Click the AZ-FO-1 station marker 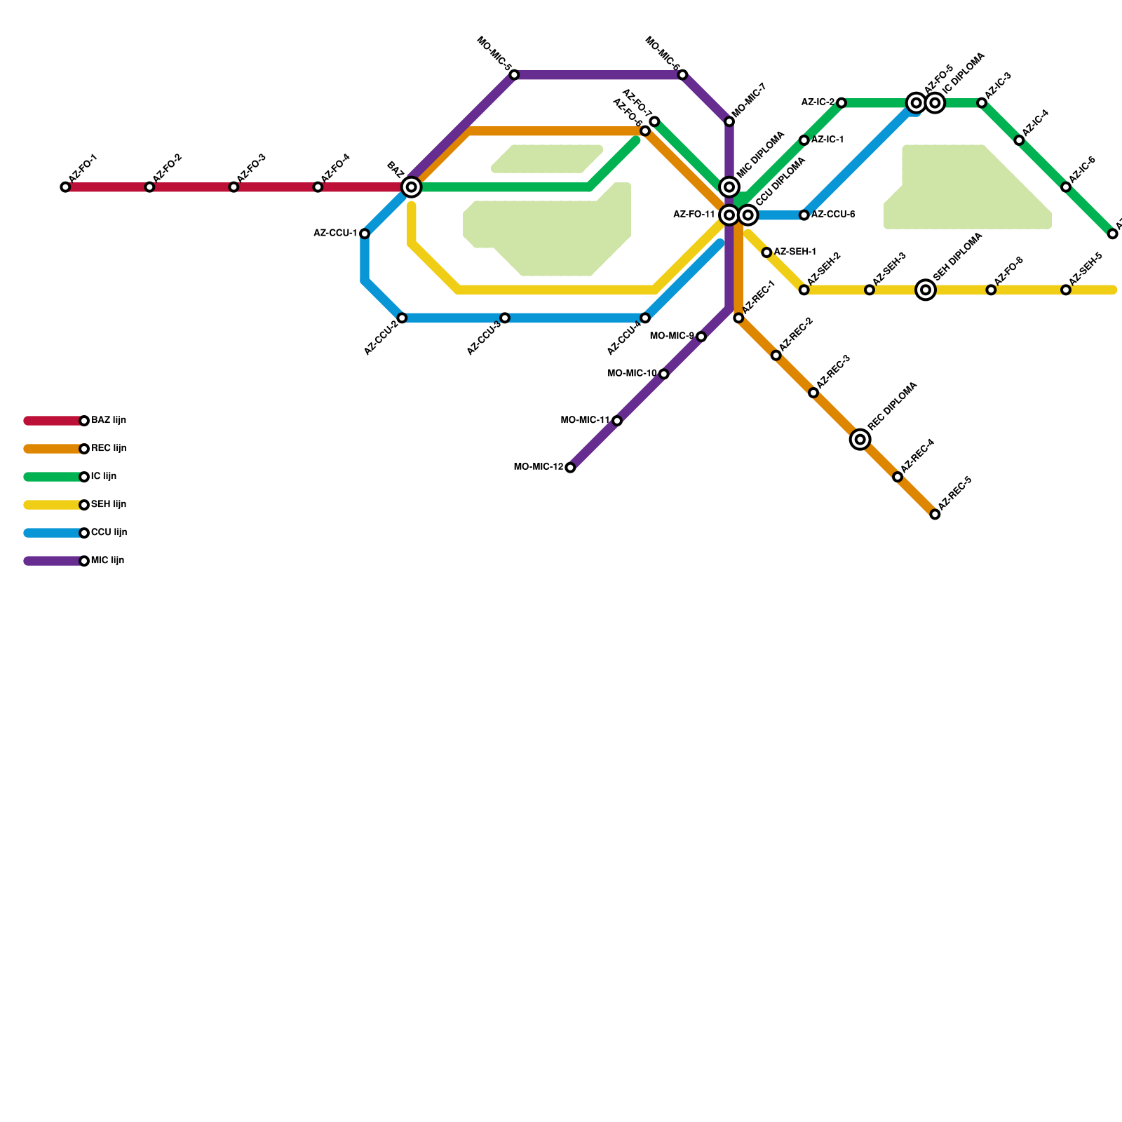65,187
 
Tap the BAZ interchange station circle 412,187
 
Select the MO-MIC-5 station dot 514,75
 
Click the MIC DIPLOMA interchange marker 729,187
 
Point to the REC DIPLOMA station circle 860,440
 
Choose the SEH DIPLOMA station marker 926,290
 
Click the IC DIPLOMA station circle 935,103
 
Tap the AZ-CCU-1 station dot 365,234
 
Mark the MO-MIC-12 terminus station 570,468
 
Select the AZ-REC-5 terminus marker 935,515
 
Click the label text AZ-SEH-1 795,252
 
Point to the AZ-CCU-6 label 833,215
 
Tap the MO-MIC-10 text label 632,374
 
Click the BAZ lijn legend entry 109,421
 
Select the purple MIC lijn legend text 107,561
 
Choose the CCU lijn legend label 109,533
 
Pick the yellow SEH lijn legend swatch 53,505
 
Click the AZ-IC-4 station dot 1019,140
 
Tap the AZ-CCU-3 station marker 505,318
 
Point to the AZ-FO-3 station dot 234,187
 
